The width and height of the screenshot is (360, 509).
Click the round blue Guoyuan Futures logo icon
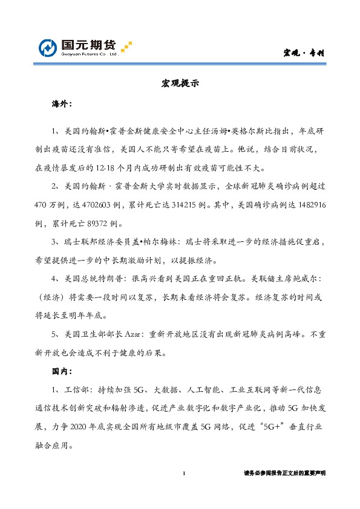48,47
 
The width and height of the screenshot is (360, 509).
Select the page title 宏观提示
180,83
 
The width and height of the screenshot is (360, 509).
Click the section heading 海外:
62,103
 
